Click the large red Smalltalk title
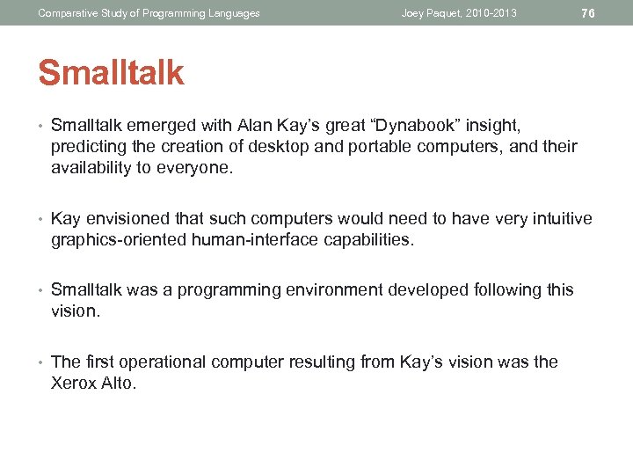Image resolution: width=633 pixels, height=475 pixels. pos(111,74)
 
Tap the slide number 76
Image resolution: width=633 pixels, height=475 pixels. pos(588,13)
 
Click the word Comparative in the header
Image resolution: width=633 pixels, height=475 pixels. pos(64,13)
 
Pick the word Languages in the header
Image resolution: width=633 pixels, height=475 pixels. pos(232,13)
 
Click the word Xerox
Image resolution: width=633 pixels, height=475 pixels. pos(74,383)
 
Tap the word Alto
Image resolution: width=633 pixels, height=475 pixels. pos(119,383)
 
